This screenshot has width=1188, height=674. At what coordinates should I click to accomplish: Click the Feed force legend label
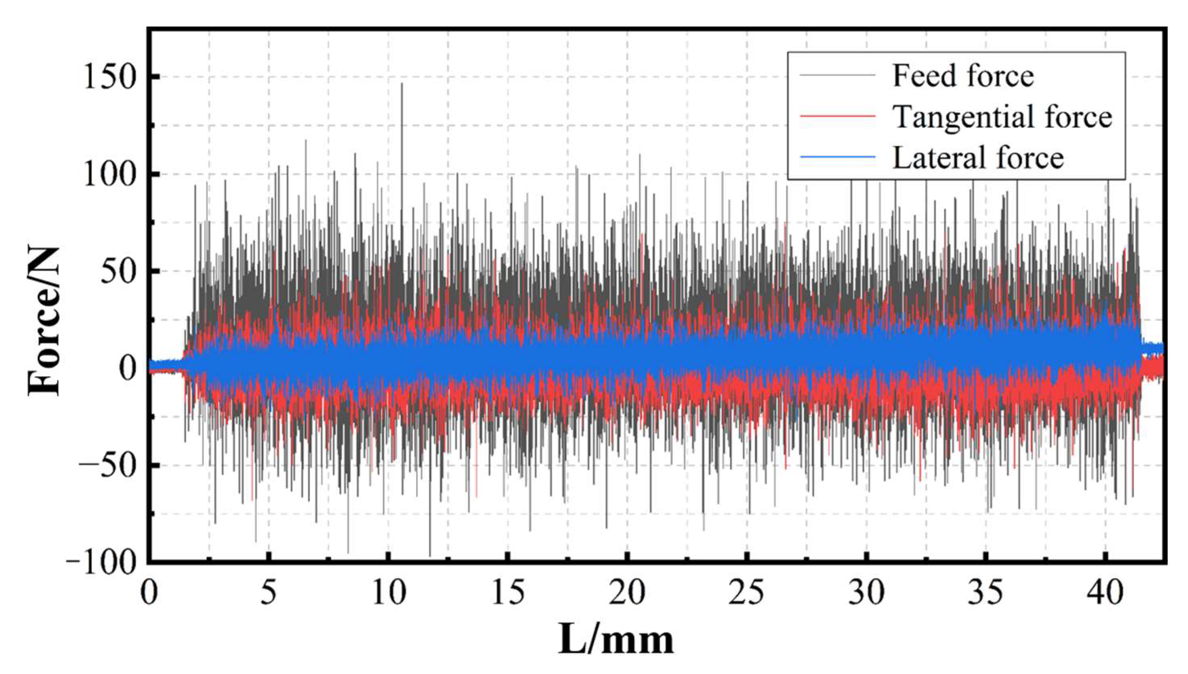point(963,76)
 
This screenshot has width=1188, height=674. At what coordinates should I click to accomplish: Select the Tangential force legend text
point(1002,117)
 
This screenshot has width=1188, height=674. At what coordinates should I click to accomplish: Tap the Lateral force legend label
point(978,158)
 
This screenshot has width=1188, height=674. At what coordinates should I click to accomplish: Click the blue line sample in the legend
point(837,158)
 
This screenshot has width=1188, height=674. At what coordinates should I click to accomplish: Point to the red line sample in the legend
point(837,116)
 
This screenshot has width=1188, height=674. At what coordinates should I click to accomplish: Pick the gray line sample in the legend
point(837,75)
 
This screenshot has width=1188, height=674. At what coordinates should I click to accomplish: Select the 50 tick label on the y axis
point(118,272)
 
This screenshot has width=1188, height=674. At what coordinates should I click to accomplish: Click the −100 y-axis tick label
point(102,563)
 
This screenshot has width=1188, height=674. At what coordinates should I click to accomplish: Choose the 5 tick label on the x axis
point(268,593)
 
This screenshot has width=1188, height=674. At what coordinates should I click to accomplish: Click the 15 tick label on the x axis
point(508,593)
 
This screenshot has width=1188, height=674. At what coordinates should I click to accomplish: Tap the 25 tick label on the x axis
point(746,593)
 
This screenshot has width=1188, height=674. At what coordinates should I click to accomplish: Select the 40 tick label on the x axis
point(1106,593)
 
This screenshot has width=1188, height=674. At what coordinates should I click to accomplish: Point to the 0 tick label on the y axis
point(127,369)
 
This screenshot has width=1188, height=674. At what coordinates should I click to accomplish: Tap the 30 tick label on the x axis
point(866,593)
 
